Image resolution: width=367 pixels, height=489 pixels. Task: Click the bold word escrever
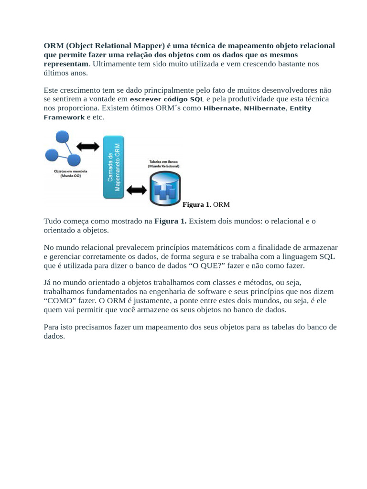(146, 99)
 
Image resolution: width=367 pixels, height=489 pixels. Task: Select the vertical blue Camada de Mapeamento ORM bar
(114, 167)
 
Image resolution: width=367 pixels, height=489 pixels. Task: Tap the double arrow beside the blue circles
(88, 146)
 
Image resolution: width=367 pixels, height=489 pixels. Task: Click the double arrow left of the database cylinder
(137, 190)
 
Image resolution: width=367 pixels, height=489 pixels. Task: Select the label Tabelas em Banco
(163, 162)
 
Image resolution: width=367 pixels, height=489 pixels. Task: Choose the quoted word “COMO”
(59, 300)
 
